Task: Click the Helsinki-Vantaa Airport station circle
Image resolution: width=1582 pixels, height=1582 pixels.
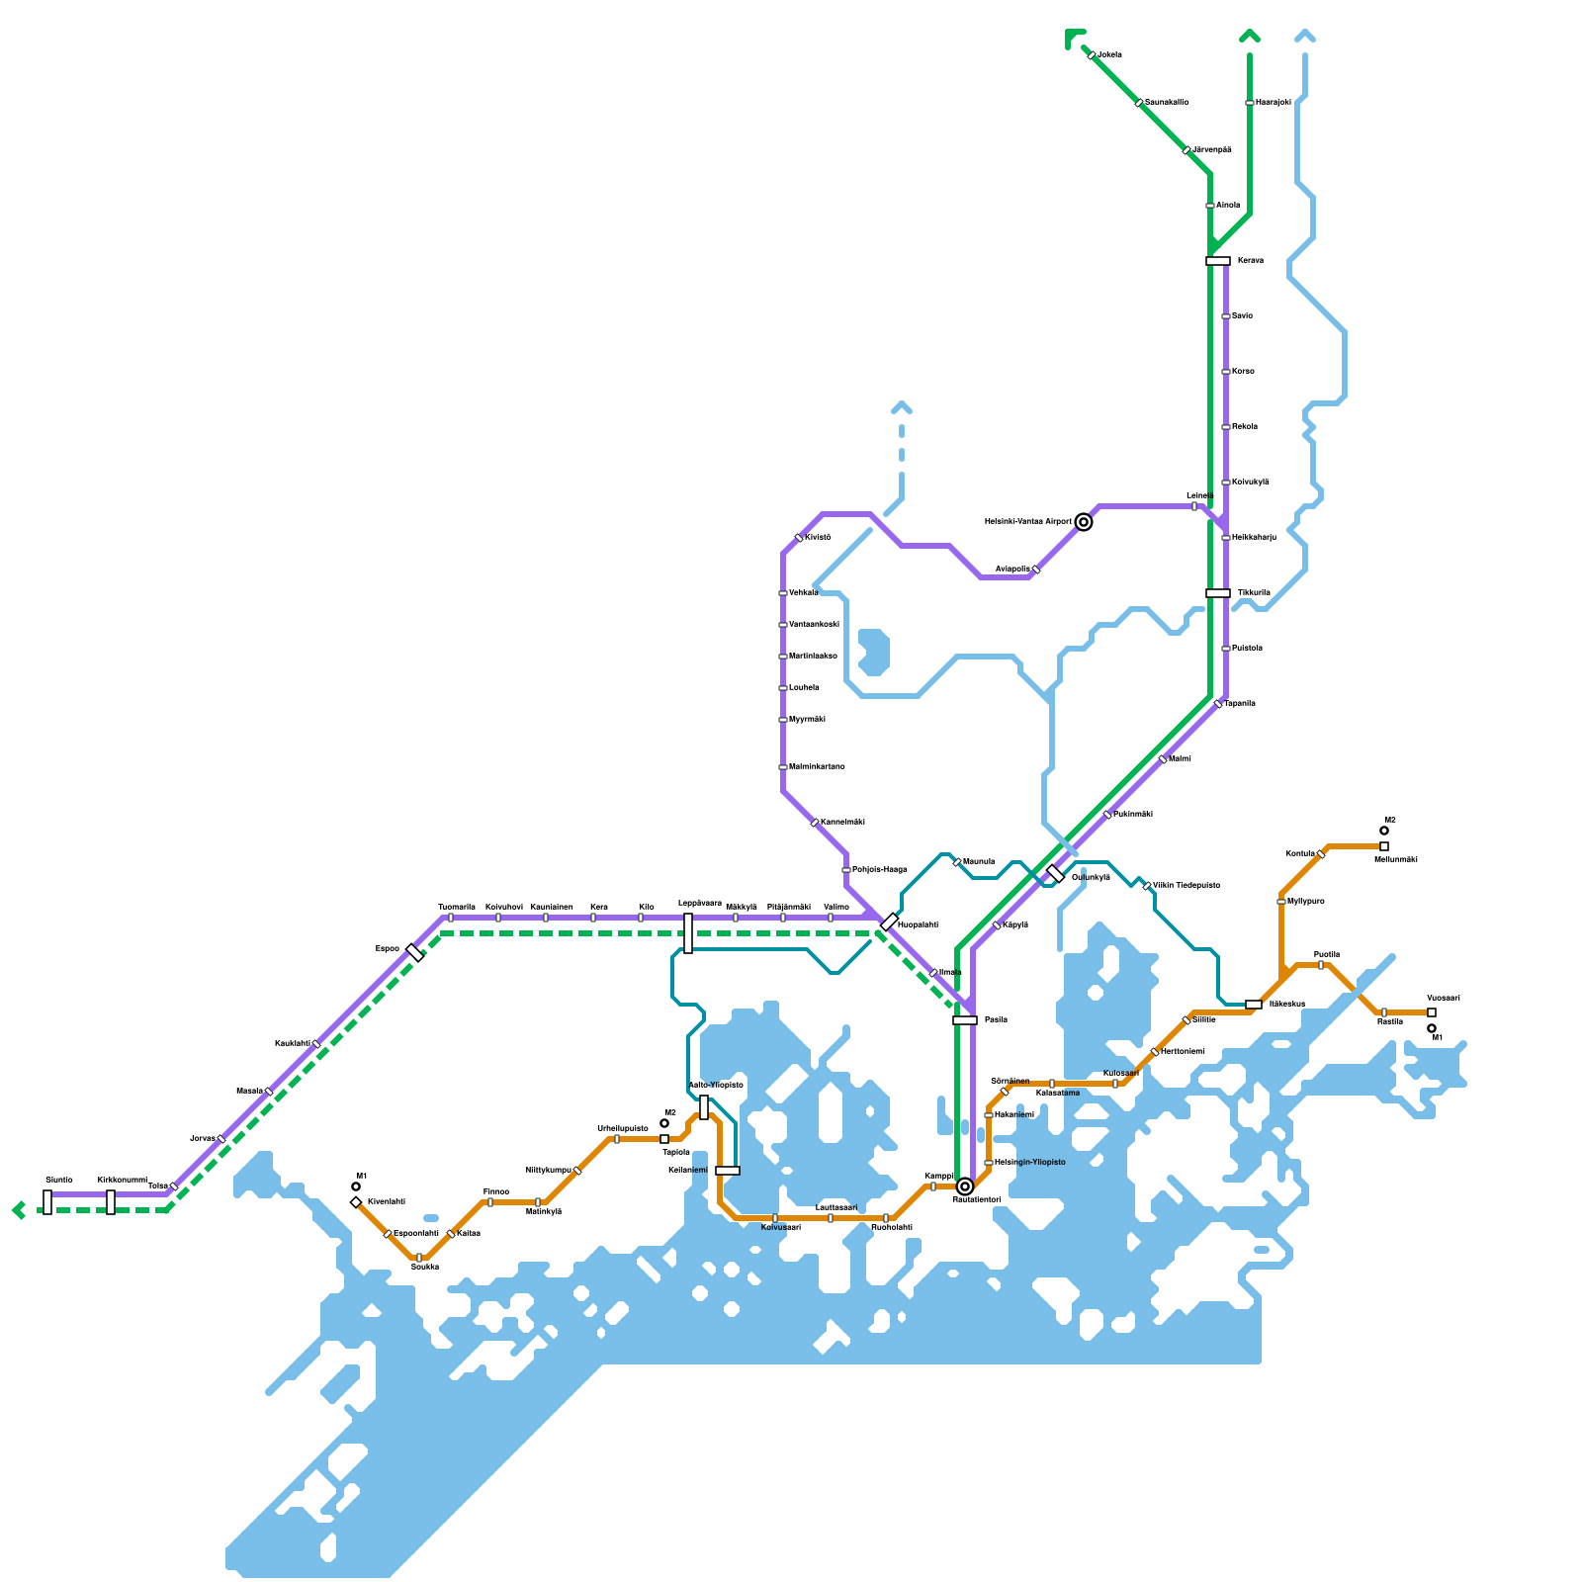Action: [1084, 522]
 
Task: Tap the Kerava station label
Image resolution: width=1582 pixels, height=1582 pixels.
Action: [1250, 261]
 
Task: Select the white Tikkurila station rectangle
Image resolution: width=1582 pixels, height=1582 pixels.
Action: [1218, 593]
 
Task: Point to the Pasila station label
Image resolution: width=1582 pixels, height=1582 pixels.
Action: [996, 1019]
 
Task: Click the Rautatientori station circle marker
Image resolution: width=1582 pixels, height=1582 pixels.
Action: [965, 1186]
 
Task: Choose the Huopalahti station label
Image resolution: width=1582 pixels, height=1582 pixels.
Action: [918, 924]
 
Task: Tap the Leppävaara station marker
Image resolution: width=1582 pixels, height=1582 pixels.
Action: [688, 933]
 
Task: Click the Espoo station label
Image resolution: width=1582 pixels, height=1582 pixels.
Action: [388, 949]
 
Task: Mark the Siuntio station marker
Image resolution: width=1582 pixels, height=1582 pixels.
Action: [47, 1202]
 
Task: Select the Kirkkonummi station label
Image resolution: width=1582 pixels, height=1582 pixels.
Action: [123, 1181]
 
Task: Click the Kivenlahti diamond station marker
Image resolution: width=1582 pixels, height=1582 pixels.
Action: [356, 1202]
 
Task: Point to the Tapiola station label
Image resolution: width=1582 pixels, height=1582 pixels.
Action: [676, 1152]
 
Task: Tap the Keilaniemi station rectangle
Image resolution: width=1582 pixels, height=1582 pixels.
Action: [728, 1171]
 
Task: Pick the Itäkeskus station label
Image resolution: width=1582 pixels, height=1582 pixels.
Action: [1287, 1005]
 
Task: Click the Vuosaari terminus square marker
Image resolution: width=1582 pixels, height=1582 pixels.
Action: [1432, 1012]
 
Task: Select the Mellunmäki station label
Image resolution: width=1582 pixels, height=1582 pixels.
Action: [1396, 860]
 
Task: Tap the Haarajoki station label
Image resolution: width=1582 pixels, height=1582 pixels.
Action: [1274, 103]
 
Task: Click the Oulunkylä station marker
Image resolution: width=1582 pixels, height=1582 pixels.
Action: [1056, 873]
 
